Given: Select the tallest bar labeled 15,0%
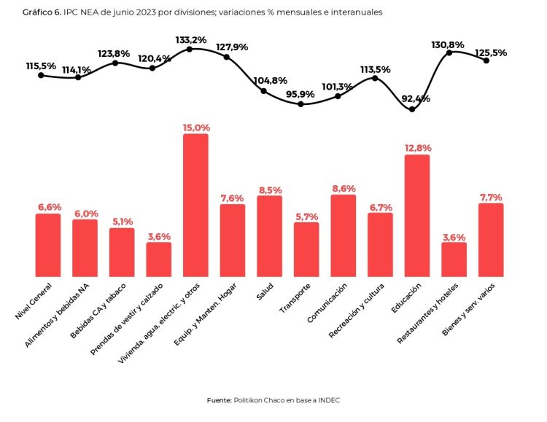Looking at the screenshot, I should (195, 205).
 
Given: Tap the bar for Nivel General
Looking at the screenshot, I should (48, 245).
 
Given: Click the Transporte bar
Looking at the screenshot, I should (306, 249).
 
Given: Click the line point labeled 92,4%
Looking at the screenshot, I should (413, 109).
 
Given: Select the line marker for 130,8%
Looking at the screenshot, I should (450, 52).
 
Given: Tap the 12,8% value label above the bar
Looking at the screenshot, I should (417, 148).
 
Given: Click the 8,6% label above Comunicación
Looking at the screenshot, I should (343, 188).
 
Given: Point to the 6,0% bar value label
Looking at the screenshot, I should (85, 213).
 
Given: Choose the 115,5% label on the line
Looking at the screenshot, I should (41, 66).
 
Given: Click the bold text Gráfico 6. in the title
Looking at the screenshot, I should (42, 12).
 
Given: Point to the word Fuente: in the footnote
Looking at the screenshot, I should (220, 400).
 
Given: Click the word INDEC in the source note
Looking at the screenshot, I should (327, 400).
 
